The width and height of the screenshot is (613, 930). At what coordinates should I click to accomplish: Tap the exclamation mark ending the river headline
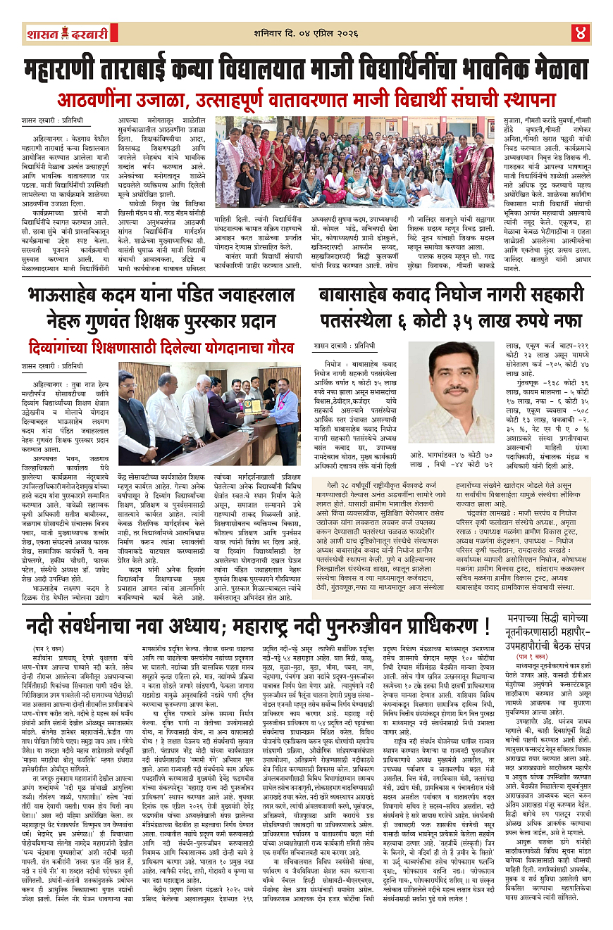(485, 627)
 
